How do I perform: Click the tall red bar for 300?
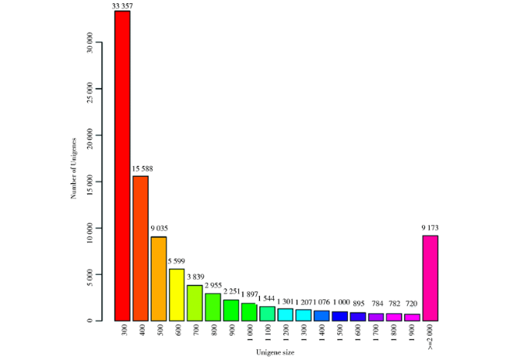coord(122,165)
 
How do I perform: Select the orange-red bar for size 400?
coord(141,248)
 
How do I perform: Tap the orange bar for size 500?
coord(159,278)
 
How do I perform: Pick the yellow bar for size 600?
coord(177,295)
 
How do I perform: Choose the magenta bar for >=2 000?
coord(430,277)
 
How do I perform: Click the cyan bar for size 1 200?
coord(286,314)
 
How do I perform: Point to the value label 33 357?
coord(121,5)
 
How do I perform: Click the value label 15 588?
coord(140,170)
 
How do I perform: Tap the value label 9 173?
coord(430,228)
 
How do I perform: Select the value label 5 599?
coord(177,263)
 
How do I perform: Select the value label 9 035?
coord(160,228)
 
